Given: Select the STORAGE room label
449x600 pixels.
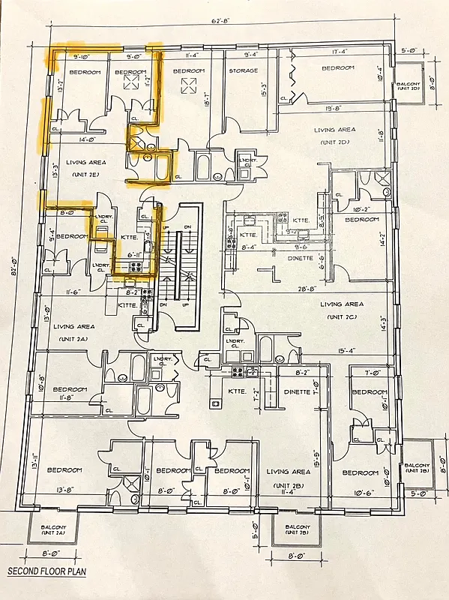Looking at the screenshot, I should (x=243, y=71).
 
